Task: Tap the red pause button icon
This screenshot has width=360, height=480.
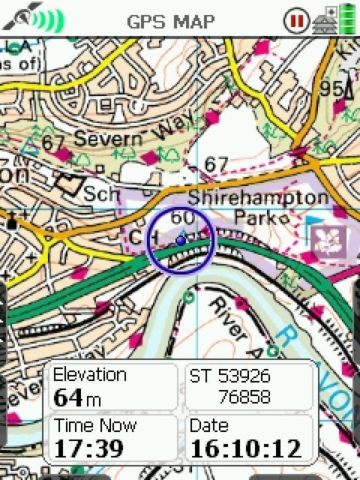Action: pos(295,20)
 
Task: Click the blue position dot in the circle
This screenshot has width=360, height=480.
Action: pos(180,240)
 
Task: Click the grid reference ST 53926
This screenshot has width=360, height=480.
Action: pos(229,376)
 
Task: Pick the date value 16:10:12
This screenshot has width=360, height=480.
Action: pos(246,448)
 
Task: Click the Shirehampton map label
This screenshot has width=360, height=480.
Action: pos(258,198)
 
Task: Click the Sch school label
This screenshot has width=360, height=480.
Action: pos(101,193)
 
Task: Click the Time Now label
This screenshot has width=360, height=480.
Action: pos(94,426)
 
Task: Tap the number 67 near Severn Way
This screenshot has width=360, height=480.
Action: pos(53,142)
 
